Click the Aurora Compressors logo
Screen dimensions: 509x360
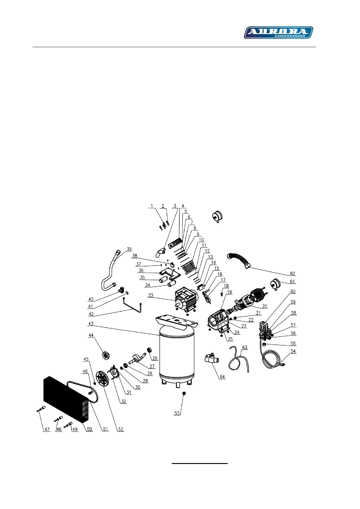[278, 32]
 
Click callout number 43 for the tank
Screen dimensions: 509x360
[91, 324]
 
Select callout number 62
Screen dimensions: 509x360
[292, 274]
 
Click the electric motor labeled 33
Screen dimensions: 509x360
[184, 299]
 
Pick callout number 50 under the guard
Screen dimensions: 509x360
[90, 429]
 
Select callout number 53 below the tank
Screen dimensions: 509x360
[177, 413]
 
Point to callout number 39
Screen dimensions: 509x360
[129, 249]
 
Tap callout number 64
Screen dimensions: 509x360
[222, 377]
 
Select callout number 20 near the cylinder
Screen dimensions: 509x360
[265, 306]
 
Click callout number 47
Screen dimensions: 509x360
[47, 429]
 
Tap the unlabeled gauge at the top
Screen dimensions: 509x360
[217, 216]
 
